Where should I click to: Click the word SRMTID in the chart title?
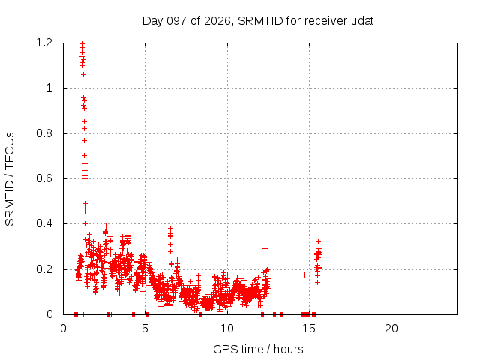(x=260, y=21)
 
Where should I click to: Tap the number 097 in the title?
(x=177, y=21)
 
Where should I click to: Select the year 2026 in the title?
(x=217, y=21)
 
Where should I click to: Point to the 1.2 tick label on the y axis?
(x=44, y=43)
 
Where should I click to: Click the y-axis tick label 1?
(x=49, y=88)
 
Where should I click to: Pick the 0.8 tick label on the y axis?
(x=44, y=133)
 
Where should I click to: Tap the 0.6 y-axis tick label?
(x=44, y=178)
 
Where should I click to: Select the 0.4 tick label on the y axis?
(x=44, y=223)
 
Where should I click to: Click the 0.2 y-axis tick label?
(x=44, y=269)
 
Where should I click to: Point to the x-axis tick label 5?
(x=145, y=328)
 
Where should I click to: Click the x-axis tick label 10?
(x=227, y=328)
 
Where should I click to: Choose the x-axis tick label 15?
(x=309, y=328)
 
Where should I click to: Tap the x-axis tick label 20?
(x=391, y=328)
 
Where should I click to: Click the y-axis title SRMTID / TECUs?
(x=10, y=179)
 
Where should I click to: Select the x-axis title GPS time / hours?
(x=258, y=349)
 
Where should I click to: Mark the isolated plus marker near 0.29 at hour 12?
(x=265, y=248)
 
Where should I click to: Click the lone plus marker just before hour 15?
(x=304, y=274)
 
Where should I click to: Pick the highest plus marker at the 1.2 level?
(x=82, y=43)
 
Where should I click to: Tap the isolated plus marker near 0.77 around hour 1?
(x=84, y=140)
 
